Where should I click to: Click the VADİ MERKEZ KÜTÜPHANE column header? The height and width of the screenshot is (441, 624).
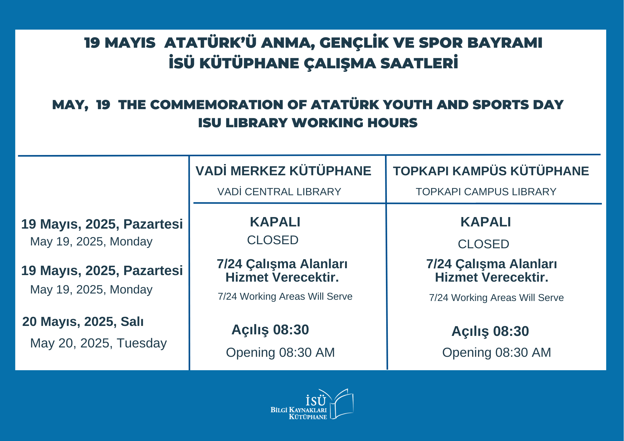tap(283, 171)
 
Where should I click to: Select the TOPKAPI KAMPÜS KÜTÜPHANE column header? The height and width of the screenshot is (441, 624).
tap(491, 171)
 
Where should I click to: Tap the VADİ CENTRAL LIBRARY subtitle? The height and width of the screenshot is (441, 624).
tap(279, 191)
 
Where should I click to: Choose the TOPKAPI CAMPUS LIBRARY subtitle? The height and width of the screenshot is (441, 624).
tap(486, 192)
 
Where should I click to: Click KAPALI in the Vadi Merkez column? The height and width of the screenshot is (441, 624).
tap(275, 222)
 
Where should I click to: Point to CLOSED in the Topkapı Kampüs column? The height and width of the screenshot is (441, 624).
tap(483, 244)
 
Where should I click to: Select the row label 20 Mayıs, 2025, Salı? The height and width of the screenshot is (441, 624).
tap(83, 322)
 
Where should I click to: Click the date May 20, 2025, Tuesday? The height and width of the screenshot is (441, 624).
tap(98, 343)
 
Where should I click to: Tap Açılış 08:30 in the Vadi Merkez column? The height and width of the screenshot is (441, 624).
tap(270, 330)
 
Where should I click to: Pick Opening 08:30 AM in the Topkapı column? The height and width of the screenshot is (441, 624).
tap(496, 353)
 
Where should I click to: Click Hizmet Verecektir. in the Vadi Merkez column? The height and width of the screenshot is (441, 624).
tap(282, 277)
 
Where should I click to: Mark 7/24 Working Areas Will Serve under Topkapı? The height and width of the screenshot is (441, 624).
tap(496, 298)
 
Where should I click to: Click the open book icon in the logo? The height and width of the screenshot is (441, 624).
tap(342, 404)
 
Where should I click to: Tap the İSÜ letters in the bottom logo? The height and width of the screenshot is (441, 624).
tap(315, 400)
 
